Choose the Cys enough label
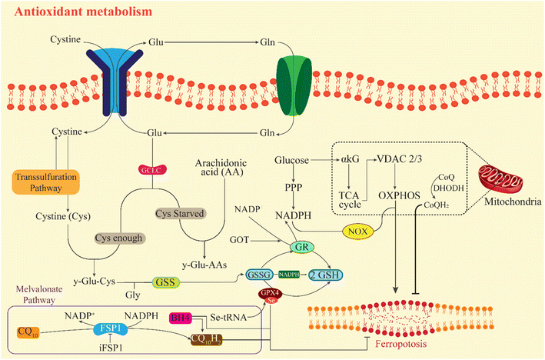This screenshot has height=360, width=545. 119,238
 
